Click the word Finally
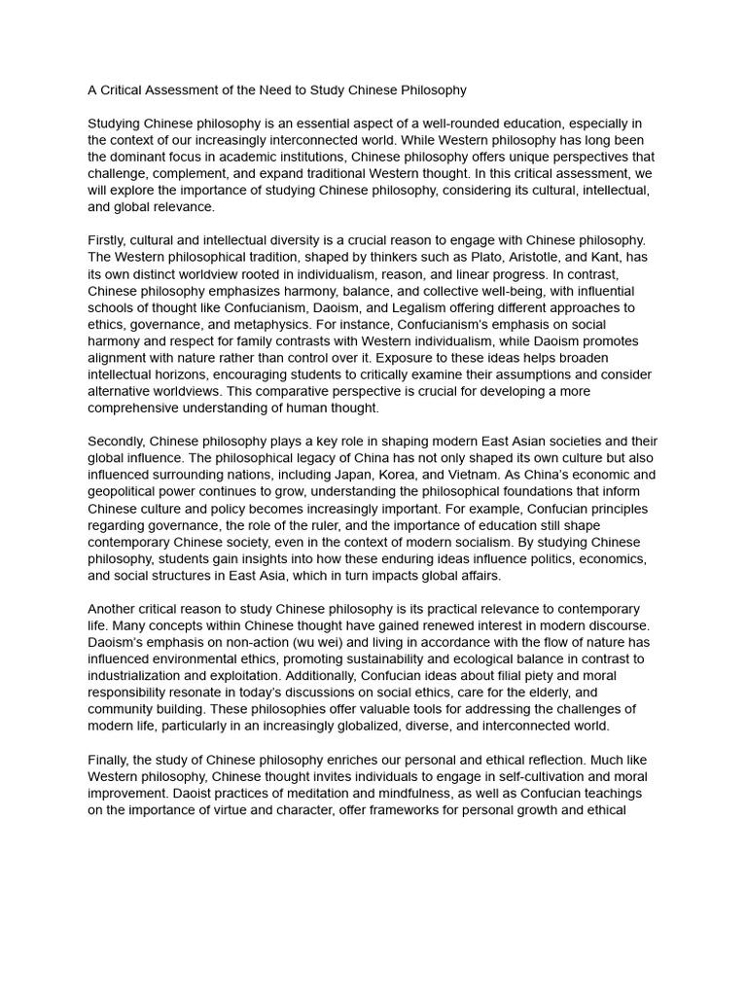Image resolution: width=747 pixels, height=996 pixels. pos(110,759)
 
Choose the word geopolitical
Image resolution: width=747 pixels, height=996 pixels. pos(128,491)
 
